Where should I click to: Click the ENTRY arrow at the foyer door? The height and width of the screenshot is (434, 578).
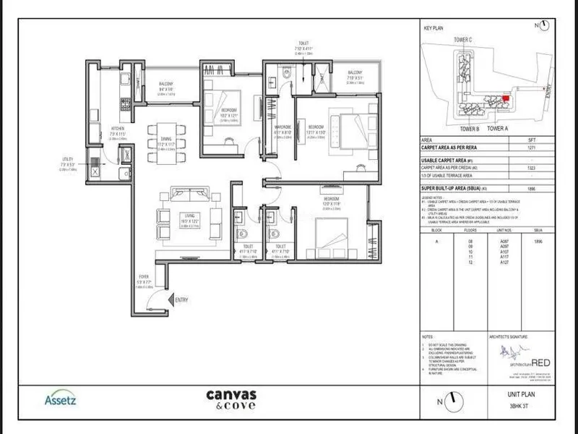171,299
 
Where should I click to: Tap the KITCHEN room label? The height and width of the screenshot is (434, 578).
98,128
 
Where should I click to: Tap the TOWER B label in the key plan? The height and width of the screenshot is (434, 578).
470,128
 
